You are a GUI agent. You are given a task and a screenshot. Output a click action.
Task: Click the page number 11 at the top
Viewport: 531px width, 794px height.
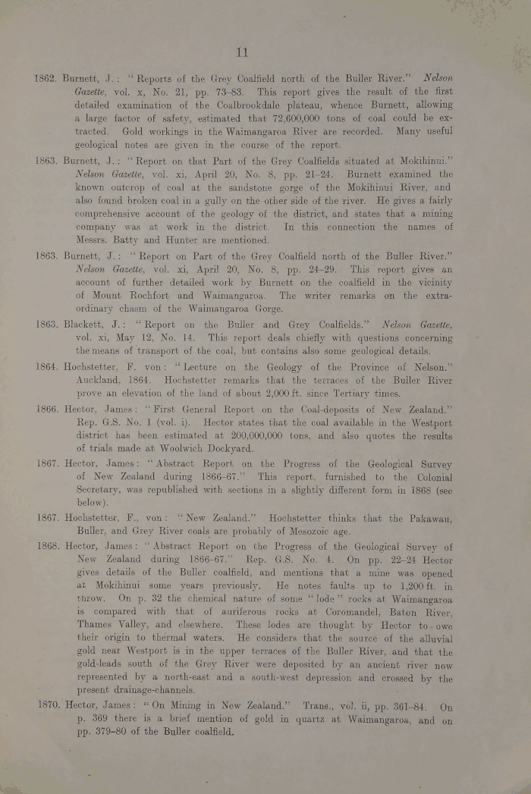242,52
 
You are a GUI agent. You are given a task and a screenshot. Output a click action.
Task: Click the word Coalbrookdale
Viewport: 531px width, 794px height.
245,106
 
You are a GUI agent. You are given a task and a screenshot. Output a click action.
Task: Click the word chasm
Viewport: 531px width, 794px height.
137,309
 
